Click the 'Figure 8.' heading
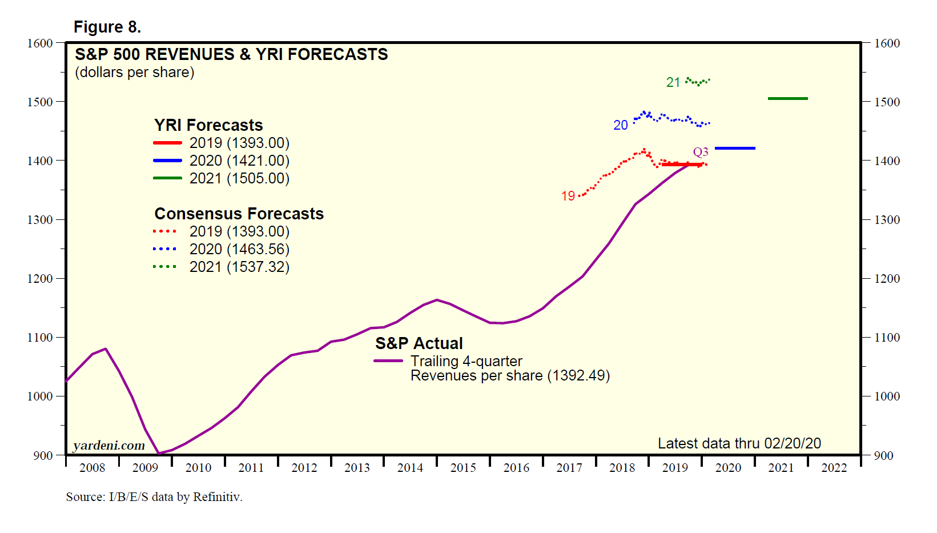(107, 27)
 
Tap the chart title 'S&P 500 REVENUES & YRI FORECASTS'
(231, 54)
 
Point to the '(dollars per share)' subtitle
(135, 73)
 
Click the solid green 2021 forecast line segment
(787, 99)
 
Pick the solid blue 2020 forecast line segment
(735, 149)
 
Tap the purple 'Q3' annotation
(701, 152)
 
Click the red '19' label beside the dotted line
(568, 197)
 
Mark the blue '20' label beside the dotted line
(621, 125)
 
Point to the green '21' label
(673, 83)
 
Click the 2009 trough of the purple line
(159, 454)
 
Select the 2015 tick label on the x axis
(463, 468)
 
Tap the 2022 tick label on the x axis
(834, 468)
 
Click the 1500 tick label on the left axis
(40, 102)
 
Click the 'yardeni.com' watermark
(109, 446)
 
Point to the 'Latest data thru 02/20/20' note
(739, 443)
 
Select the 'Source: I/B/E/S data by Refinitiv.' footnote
(154, 497)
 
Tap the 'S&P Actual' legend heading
(419, 343)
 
